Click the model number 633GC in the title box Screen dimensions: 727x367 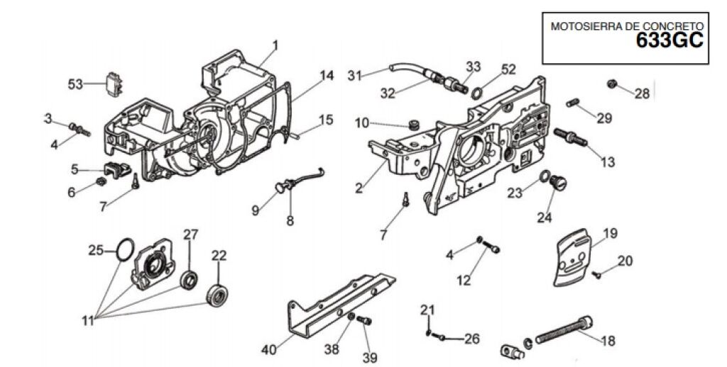tap(669, 40)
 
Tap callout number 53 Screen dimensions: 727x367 tap(75, 84)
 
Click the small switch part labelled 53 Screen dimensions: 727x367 tap(114, 85)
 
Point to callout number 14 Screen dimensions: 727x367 tap(327, 75)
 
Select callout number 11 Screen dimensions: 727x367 tap(89, 320)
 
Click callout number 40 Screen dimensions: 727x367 tap(269, 349)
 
